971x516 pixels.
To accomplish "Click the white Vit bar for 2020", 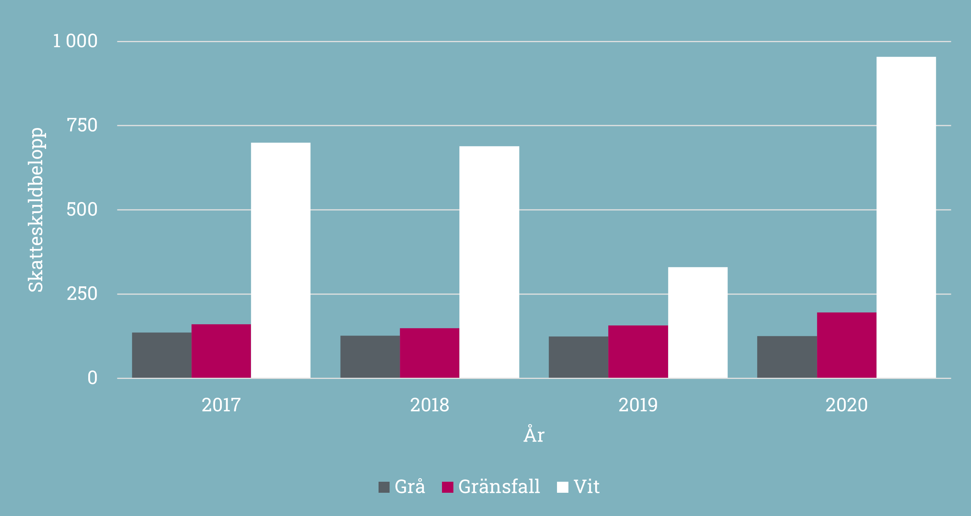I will [x=906, y=217].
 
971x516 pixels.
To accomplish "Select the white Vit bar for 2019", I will [x=698, y=323].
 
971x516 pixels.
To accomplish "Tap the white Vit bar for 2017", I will [x=280, y=260].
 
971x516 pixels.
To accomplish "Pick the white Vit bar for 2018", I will [x=489, y=262].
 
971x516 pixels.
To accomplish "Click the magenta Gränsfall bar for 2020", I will [x=847, y=345].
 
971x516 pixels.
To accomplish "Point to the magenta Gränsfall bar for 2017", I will [x=221, y=351].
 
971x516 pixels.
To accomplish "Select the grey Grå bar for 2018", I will [x=370, y=357].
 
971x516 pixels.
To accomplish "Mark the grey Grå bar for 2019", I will [x=578, y=357].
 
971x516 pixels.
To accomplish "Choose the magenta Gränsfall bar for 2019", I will [x=638, y=352].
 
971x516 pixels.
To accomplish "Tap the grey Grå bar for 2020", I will [x=787, y=357].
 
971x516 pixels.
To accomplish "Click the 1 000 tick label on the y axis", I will [x=75, y=41].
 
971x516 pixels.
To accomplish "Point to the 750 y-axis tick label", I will [x=82, y=126].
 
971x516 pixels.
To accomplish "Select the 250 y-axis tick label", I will [x=82, y=294].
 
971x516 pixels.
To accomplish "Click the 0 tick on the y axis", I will [x=93, y=378].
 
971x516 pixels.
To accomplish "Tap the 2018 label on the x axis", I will [x=429, y=405].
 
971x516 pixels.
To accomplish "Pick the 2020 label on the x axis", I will [x=847, y=405].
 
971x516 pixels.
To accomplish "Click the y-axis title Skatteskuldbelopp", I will [x=36, y=210].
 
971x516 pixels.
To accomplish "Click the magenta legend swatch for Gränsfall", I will [x=447, y=487].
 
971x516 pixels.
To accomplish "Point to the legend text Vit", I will [x=587, y=487].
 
